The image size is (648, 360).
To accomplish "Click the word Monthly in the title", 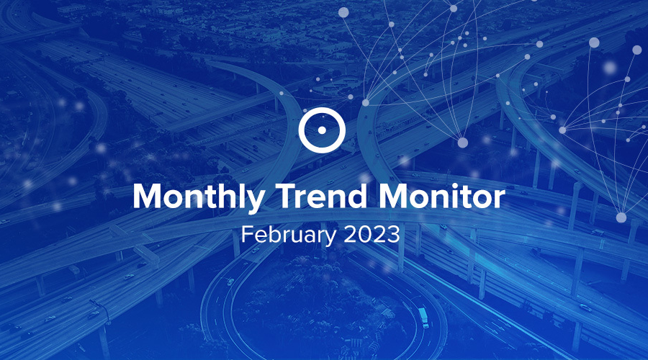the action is (x=199, y=197).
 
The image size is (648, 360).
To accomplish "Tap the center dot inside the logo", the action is (x=322, y=130).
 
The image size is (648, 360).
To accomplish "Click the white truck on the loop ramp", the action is (x=423, y=317).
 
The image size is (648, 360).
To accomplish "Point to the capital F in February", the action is (x=248, y=234).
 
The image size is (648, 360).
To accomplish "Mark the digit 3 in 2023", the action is (x=393, y=234).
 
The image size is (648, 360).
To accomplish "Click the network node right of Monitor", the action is (x=621, y=217).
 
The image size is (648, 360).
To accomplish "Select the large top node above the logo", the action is (x=343, y=12).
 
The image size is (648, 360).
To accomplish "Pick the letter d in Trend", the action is (x=356, y=196).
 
